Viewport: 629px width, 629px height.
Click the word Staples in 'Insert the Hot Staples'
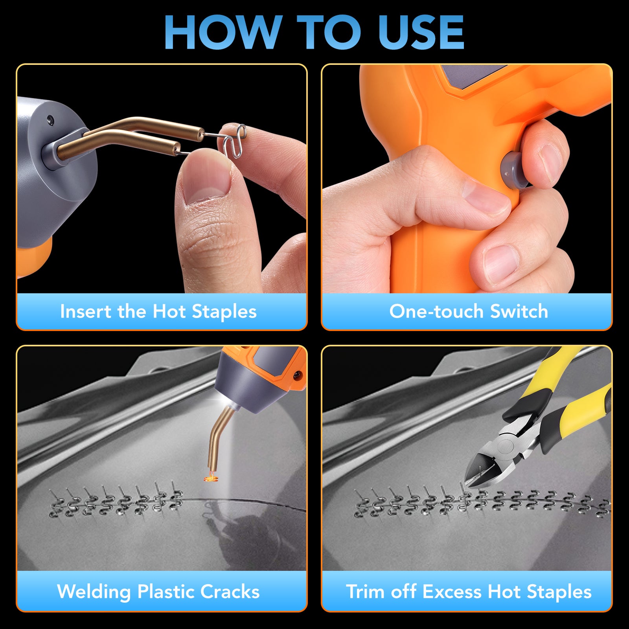pyautogui.click(x=224, y=312)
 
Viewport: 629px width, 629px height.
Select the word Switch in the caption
pyautogui.click(x=519, y=311)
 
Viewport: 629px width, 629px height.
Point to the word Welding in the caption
pyautogui.click(x=94, y=592)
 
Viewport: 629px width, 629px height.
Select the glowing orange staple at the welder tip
pyautogui.click(x=212, y=478)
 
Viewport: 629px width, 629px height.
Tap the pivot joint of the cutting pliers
pyautogui.click(x=505, y=446)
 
